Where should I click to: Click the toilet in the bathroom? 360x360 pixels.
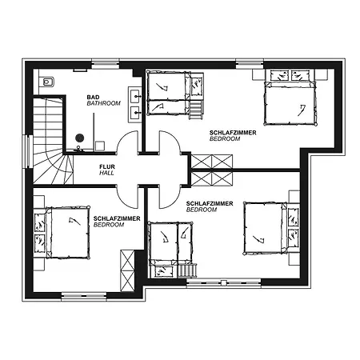pyautogui.click(x=46, y=82)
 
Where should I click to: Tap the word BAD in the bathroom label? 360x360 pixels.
pyautogui.click(x=93, y=97)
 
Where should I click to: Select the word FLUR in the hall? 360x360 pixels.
pyautogui.click(x=107, y=166)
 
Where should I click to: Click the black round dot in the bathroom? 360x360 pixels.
pyautogui.click(x=80, y=138)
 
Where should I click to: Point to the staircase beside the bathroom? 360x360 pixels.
pyautogui.click(x=50, y=141)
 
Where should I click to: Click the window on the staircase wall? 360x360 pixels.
pyautogui.click(x=27, y=151)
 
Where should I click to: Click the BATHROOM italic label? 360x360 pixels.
pyautogui.click(x=104, y=103)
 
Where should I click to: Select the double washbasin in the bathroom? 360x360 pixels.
pyautogui.click(x=134, y=105)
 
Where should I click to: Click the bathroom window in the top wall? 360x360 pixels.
pyautogui.click(x=106, y=64)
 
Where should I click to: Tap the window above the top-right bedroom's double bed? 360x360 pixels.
pyautogui.click(x=250, y=64)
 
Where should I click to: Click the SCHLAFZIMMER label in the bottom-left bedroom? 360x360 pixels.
pyautogui.click(x=117, y=218)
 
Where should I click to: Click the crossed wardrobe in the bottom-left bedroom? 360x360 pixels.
pyautogui.click(x=127, y=270)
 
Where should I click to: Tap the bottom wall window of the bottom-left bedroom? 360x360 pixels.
pyautogui.click(x=84, y=296)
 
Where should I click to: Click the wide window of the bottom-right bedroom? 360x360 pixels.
pyautogui.click(x=223, y=283)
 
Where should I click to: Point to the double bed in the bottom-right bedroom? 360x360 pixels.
pyautogui.click(x=265, y=228)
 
